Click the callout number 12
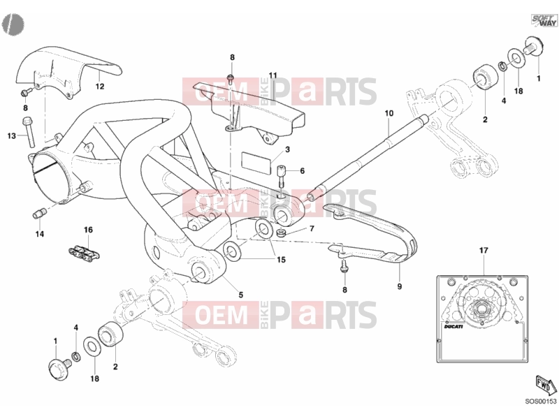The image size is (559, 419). coord(100,86)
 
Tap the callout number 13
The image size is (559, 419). coord(12,135)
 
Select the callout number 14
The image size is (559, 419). coord(40,234)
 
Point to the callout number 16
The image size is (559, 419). coord(89,230)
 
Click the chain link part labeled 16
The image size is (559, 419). coord(84,252)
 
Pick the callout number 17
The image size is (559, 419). coord(484,251)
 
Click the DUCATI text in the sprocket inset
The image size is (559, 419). coord(453,326)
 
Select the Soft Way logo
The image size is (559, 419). coord(544,20)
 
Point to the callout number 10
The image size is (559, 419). coord(389,113)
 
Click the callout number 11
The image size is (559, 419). coord(273,75)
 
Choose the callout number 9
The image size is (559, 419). coord(399,286)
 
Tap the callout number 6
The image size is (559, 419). coord(303,171)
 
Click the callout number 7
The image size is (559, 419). coord(312,228)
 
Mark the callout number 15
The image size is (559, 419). coord(282,260)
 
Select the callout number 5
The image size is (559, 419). coord(241,295)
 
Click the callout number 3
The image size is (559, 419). coord(287,149)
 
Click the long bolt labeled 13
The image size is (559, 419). coord(28,132)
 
